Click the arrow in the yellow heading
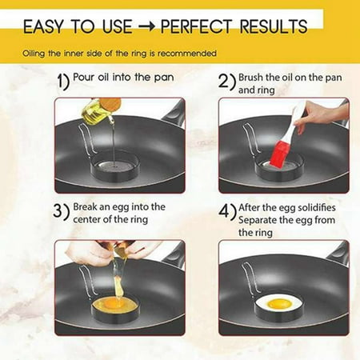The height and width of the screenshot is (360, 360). tap(146, 26)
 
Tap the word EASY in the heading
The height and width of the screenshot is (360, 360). tap(46, 26)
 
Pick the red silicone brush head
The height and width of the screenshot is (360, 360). tap(278, 153)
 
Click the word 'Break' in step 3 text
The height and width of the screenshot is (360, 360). tap(89, 207)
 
